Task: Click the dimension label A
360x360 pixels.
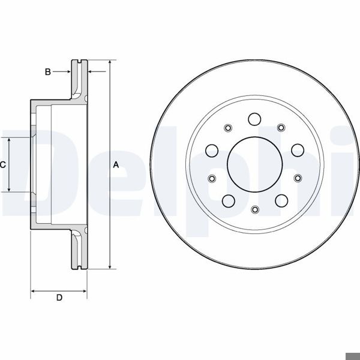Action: pyautogui.click(x=116, y=164)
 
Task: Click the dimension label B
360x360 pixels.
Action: pyautogui.click(x=48, y=72)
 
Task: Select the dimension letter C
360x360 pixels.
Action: pyautogui.click(x=3, y=164)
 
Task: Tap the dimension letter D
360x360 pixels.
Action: pyautogui.click(x=59, y=298)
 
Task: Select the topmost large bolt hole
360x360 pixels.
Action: pyautogui.click(x=254, y=119)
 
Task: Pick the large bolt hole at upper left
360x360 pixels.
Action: pyautogui.click(x=212, y=150)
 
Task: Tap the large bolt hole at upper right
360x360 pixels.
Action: pyautogui.click(x=298, y=150)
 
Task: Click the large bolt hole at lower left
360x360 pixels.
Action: pyautogui.click(x=228, y=201)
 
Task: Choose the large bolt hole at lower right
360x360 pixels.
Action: pyautogui.click(x=281, y=201)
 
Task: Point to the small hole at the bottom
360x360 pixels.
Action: pyautogui.click(x=254, y=209)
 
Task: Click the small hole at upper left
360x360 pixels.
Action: pyautogui.click(x=228, y=127)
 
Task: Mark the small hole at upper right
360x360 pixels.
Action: pyautogui.click(x=281, y=127)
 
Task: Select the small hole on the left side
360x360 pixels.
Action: pyautogui.click(x=211, y=178)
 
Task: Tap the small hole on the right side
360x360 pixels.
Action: pyautogui.click(x=298, y=178)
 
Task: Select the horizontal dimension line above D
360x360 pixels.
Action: pyautogui.click(x=59, y=291)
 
